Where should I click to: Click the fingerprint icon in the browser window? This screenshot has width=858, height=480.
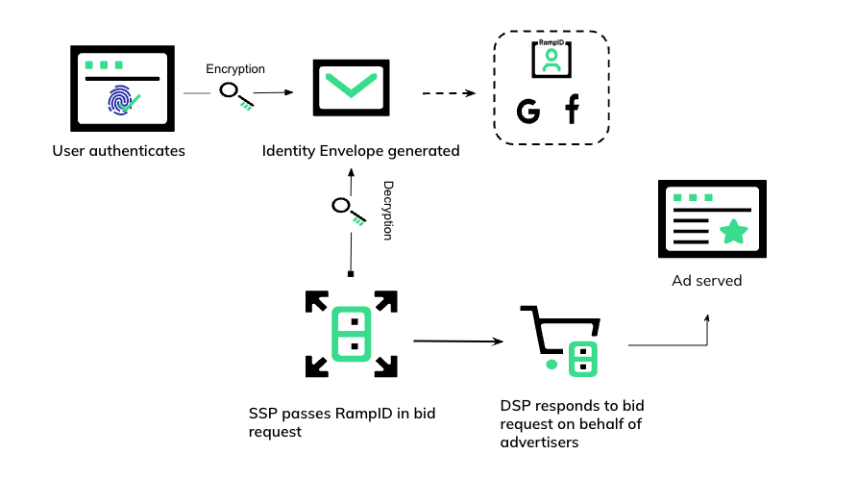(x=120, y=100)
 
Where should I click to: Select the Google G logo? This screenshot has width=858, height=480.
(x=527, y=112)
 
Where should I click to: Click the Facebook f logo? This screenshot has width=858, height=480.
(x=573, y=110)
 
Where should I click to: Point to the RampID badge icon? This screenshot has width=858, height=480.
(x=551, y=60)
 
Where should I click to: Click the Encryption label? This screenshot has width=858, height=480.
(x=235, y=69)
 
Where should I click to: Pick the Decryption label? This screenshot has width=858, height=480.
(x=388, y=209)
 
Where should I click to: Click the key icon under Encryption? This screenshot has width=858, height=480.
(x=235, y=95)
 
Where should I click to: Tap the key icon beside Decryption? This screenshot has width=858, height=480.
(x=348, y=211)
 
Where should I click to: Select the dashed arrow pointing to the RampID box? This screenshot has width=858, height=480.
(x=449, y=93)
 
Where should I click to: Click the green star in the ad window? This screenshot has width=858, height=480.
(x=734, y=231)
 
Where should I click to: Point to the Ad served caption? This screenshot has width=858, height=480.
(x=706, y=281)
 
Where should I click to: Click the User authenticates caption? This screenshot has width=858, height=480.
(x=119, y=150)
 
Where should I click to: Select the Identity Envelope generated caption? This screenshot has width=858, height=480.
(x=361, y=151)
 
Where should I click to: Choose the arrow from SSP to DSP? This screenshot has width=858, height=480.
(x=458, y=341)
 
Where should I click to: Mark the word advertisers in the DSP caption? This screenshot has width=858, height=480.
(x=539, y=442)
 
